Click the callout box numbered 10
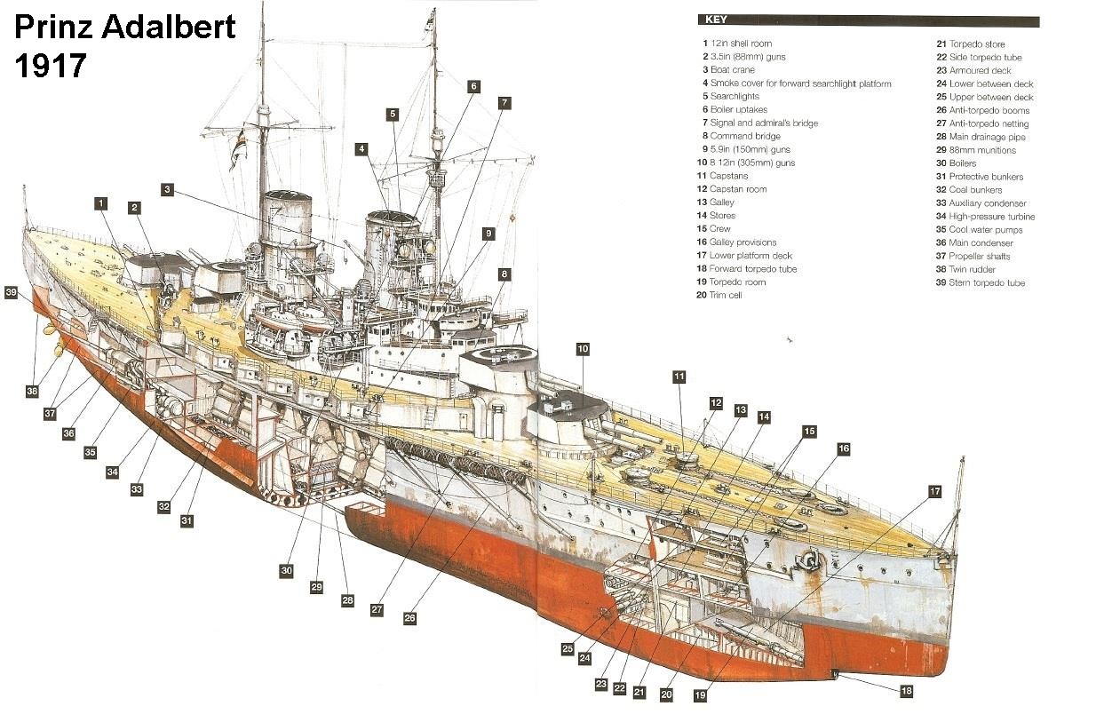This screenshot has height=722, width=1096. point(583,349)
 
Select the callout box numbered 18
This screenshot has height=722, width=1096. point(906,691)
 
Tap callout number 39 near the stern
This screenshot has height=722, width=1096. point(11,292)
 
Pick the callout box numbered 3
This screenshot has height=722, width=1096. point(167,189)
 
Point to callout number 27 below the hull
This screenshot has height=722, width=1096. point(377,610)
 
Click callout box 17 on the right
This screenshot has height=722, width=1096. point(934,491)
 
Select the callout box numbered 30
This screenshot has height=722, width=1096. point(286,570)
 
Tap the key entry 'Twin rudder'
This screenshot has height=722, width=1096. point(973,269)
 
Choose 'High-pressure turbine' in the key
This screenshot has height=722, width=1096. point(991,217)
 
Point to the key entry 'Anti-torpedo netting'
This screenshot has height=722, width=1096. point(989,123)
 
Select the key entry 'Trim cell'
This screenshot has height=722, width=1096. point(725,295)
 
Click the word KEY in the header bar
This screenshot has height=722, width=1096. point(716,20)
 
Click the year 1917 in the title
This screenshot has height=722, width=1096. point(51,66)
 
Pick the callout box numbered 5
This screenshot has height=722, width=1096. point(392,114)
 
